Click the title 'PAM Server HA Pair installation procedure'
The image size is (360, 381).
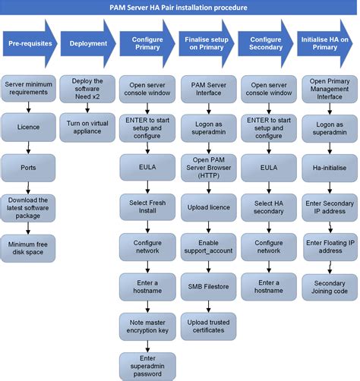(x=180, y=7)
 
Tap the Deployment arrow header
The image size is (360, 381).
(x=86, y=44)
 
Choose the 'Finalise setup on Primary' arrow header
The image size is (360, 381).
(x=204, y=44)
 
